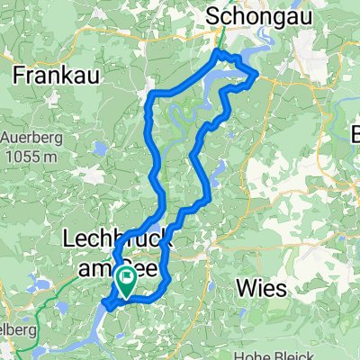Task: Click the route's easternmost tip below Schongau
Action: pyautogui.click(x=258, y=72)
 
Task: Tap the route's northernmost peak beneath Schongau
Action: pyautogui.click(x=218, y=54)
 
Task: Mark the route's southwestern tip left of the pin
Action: pyautogui.click(x=107, y=305)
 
